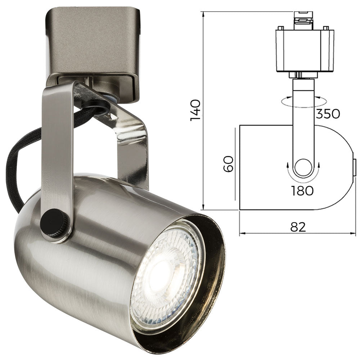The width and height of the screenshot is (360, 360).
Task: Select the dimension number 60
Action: [x=229, y=164]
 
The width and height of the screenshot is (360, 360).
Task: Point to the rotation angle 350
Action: [x=328, y=113]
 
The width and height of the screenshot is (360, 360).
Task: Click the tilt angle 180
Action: [x=302, y=190]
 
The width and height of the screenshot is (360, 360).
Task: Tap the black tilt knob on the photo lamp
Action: [x=54, y=223]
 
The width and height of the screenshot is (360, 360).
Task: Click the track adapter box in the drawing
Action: [x=304, y=50]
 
